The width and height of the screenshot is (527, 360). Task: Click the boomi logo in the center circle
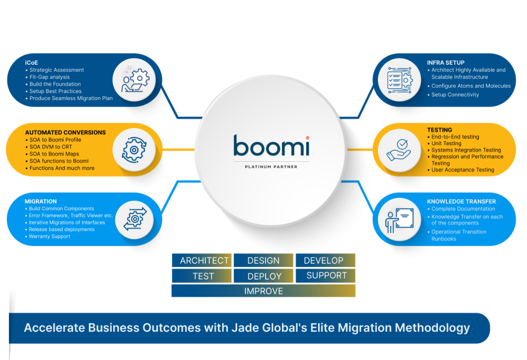(271, 146)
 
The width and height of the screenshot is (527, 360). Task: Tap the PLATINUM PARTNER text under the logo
(271, 167)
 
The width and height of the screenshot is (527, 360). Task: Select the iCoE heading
(32, 62)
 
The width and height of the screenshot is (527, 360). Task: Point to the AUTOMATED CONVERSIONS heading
(65, 133)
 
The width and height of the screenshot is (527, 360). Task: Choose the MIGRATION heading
(41, 201)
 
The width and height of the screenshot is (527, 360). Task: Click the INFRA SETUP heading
(446, 62)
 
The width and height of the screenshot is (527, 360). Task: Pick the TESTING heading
(439, 130)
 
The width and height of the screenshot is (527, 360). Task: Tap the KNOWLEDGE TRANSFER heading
(461, 201)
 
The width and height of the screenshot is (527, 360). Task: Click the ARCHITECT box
(204, 260)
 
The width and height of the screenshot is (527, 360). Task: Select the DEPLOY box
(264, 276)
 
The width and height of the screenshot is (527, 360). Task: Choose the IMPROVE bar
(263, 291)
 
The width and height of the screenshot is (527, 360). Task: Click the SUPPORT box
(326, 276)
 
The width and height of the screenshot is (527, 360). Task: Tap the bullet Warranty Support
(50, 236)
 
